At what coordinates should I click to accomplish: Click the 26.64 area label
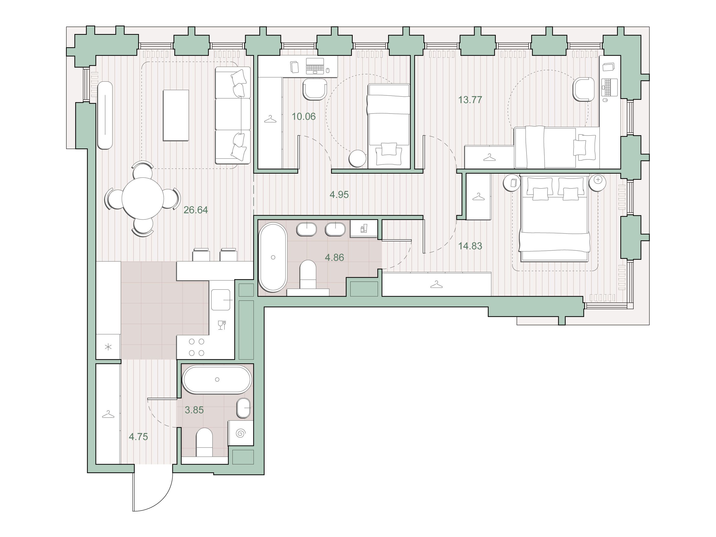(x=196, y=210)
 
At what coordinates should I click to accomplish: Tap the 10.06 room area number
(x=304, y=117)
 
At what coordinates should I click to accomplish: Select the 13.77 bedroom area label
(x=470, y=100)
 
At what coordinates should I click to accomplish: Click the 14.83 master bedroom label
(x=470, y=246)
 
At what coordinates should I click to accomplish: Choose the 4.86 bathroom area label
(x=334, y=258)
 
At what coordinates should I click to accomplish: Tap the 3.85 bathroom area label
(x=194, y=410)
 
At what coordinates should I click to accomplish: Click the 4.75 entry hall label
(x=138, y=437)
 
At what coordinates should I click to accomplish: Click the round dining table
(x=143, y=198)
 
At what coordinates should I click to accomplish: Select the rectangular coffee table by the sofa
(x=176, y=116)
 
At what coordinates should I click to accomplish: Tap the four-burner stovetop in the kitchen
(x=196, y=347)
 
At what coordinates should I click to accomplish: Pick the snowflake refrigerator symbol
(x=108, y=347)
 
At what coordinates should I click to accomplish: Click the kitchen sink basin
(x=221, y=300)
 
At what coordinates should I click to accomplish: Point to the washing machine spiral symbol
(x=241, y=433)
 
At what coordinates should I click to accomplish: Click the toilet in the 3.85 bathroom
(x=204, y=442)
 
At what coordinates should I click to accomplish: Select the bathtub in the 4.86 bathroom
(x=273, y=257)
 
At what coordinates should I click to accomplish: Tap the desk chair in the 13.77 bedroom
(x=583, y=89)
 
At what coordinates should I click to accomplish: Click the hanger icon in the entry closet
(x=108, y=414)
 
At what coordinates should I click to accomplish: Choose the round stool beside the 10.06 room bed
(x=357, y=159)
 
